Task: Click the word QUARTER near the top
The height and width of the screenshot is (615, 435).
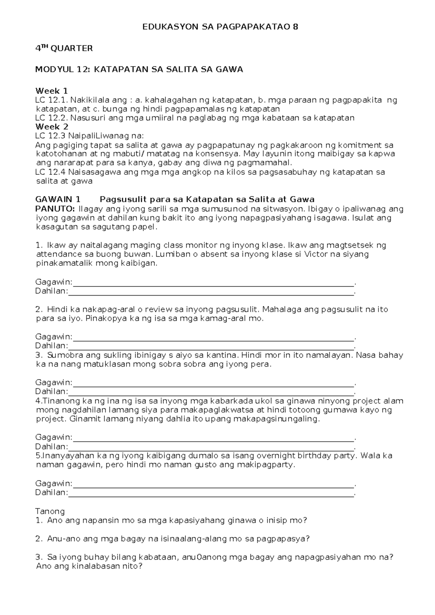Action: pyautogui.click(x=72, y=48)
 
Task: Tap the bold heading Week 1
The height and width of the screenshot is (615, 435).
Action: pyautogui.click(x=51, y=91)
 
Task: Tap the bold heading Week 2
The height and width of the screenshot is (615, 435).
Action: pyautogui.click(x=51, y=127)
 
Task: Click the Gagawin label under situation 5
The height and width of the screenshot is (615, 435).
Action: pyautogui.click(x=54, y=484)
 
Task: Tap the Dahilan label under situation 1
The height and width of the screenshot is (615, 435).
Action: pyautogui.click(x=51, y=291)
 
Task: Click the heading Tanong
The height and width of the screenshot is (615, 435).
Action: pyautogui.click(x=50, y=511)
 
